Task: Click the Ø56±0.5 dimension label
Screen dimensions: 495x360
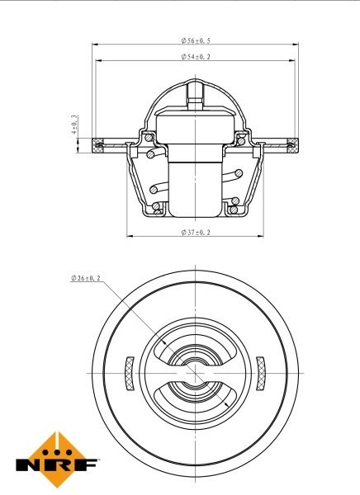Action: (195, 40)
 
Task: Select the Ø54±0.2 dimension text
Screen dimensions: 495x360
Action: (195, 57)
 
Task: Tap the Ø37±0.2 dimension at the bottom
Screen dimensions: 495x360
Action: (195, 233)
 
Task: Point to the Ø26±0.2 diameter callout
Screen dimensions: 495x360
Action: (86, 279)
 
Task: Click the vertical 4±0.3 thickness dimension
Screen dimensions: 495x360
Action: (74, 125)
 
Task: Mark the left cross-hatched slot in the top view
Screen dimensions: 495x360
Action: (128, 373)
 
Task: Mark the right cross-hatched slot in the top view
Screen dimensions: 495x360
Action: (261, 373)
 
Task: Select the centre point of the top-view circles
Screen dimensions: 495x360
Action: (195, 374)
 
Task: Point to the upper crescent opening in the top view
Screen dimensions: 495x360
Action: (195, 344)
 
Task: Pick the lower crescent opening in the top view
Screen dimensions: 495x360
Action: (195, 403)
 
